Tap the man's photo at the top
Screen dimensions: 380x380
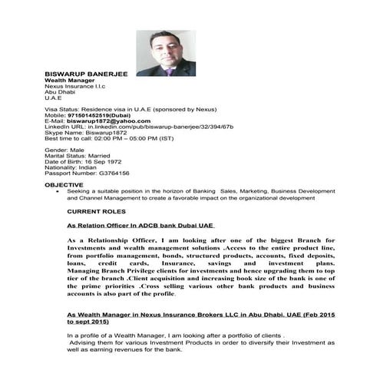point(164,53)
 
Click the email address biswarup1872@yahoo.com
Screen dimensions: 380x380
point(107,121)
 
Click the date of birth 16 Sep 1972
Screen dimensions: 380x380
point(102,162)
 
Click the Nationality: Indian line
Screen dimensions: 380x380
point(74,167)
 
